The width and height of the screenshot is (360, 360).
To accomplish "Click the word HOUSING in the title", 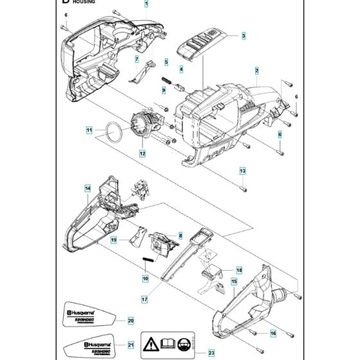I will tap(84, 3).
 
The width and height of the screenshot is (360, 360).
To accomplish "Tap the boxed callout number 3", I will tap(244, 36).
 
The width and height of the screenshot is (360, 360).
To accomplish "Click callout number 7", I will tap(136, 60).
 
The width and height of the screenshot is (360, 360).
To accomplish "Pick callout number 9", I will tap(164, 91).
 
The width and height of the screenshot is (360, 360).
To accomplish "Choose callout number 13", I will tap(243, 170).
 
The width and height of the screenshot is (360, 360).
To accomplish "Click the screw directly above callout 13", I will tap(243, 188).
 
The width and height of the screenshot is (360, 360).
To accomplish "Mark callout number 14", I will tap(87, 188).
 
